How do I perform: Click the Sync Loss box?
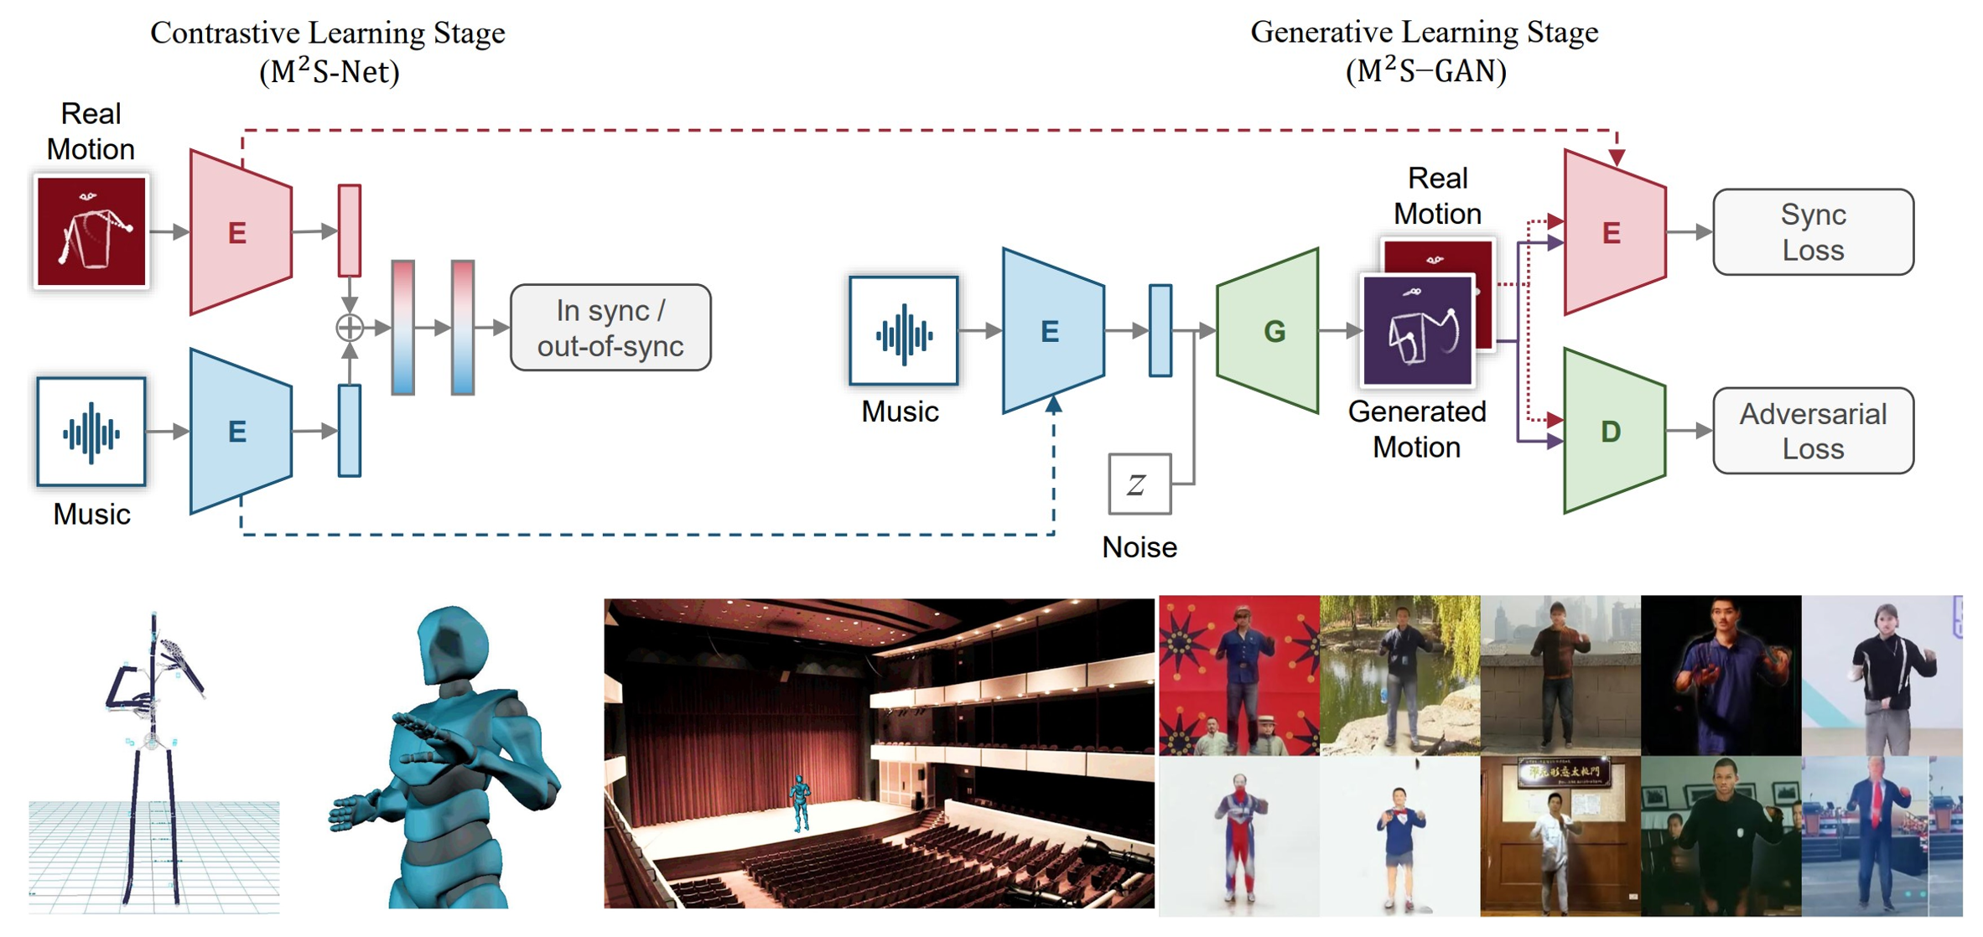pos(1812,232)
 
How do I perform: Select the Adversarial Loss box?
pos(1812,431)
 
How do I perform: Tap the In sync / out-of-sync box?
pos(610,328)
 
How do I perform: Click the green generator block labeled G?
pos(1270,331)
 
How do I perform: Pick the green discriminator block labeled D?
pos(1612,431)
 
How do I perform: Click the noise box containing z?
pos(1138,484)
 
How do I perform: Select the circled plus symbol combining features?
pos(350,328)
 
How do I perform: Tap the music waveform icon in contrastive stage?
pos(91,432)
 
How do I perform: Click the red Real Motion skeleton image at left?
pos(91,232)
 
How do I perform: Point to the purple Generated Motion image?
pos(1417,332)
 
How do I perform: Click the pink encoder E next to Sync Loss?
pos(1612,232)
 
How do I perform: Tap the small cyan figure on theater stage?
pos(800,800)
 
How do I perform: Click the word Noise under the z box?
pos(1139,547)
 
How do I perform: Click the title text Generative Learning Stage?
pos(1424,33)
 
